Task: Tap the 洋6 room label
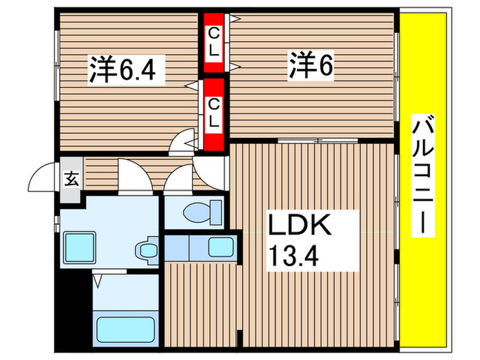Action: [310, 66]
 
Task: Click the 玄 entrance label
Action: [71, 180]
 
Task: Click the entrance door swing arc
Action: [43, 180]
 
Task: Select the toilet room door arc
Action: [179, 179]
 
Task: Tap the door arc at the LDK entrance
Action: [208, 166]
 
